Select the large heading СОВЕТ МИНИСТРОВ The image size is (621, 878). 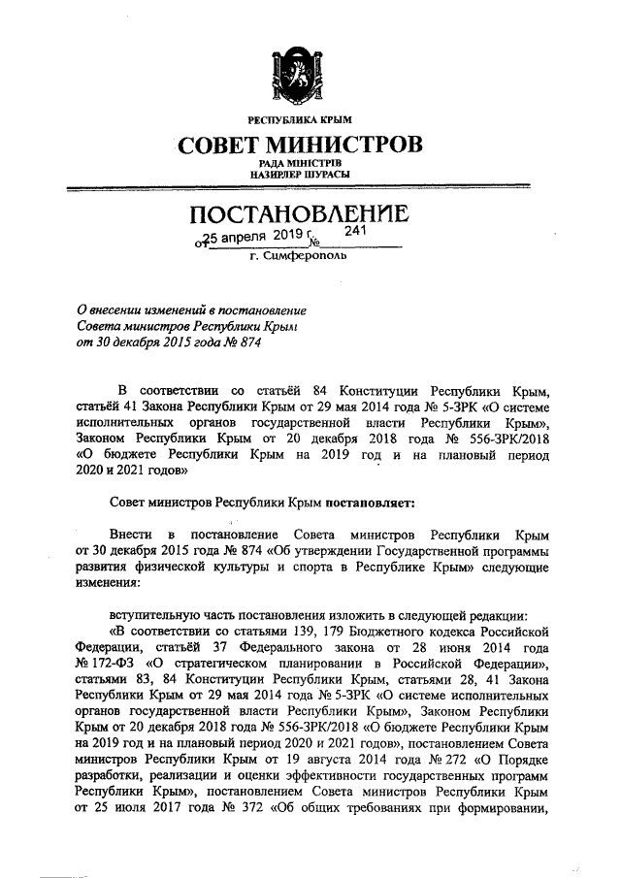[x=299, y=146]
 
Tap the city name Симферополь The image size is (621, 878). [x=309, y=258]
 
